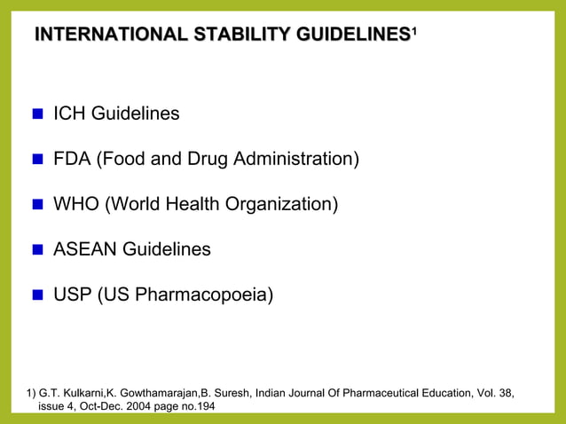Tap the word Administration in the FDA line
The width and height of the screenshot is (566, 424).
(x=295, y=160)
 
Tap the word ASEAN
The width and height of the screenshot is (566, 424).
(x=84, y=250)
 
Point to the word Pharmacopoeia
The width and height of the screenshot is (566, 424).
(x=207, y=295)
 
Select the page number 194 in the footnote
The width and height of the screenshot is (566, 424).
(x=204, y=406)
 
